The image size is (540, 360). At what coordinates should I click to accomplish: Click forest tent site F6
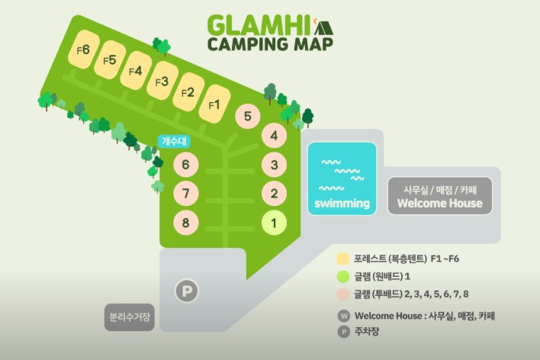pyautogui.click(x=84, y=50)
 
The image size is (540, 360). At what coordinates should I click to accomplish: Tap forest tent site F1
pyautogui.click(x=214, y=104)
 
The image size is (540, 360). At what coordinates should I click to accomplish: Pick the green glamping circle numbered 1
pyautogui.click(x=274, y=223)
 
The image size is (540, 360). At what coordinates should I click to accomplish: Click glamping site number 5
pyautogui.click(x=247, y=117)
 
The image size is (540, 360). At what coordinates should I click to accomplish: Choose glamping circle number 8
pyautogui.click(x=185, y=223)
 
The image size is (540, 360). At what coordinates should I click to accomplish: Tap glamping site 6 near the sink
pyautogui.click(x=185, y=164)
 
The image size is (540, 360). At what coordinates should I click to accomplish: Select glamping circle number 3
pyautogui.click(x=274, y=164)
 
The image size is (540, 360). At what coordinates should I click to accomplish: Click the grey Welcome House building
pyautogui.click(x=439, y=196)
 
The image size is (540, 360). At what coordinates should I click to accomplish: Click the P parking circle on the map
pyautogui.click(x=185, y=290)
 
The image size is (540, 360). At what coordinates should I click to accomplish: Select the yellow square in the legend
pyautogui.click(x=343, y=259)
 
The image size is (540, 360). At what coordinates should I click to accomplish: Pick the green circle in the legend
pyautogui.click(x=343, y=276)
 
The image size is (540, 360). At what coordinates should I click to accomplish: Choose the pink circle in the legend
pyautogui.click(x=343, y=294)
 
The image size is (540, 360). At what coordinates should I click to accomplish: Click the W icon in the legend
pyautogui.click(x=343, y=316)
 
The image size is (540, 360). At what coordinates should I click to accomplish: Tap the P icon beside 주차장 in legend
pyautogui.click(x=343, y=331)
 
